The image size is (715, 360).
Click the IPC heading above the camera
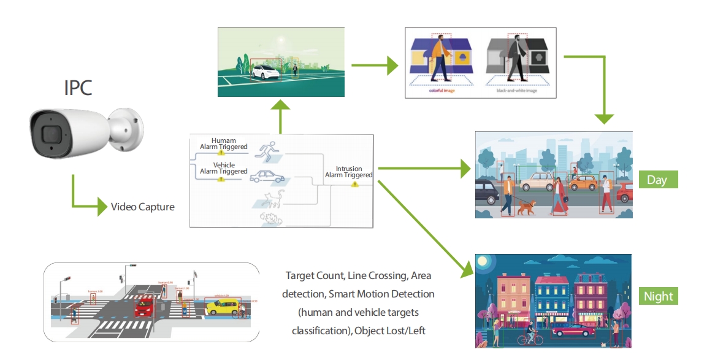pyautogui.click(x=78, y=88)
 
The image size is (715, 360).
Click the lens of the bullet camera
pyautogui.click(x=48, y=133)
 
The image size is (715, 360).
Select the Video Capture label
pyautogui.click(x=142, y=207)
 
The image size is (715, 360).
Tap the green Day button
pyautogui.click(x=657, y=180)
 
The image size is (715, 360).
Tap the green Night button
pyautogui.click(x=659, y=296)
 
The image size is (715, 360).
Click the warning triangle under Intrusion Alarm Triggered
pyautogui.click(x=354, y=183)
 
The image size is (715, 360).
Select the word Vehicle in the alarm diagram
pyautogui.click(x=224, y=165)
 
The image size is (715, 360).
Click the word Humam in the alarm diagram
pyautogui.click(x=224, y=140)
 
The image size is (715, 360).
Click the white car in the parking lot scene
pyautogui.click(x=266, y=72)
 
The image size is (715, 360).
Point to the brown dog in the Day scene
pyautogui.click(x=526, y=208)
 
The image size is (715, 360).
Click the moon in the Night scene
pyautogui.click(x=484, y=262)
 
